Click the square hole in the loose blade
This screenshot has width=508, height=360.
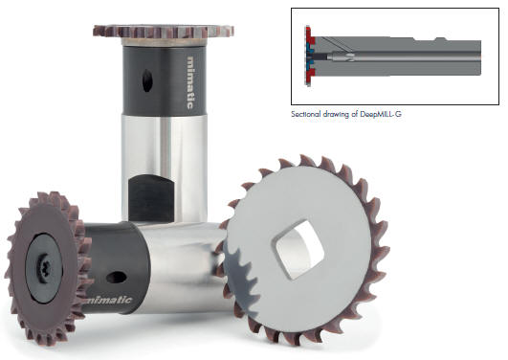(298, 249)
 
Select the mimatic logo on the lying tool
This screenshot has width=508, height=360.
(110, 301)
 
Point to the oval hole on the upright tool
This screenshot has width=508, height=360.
(147, 80)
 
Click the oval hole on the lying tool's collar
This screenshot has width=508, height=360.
(117, 278)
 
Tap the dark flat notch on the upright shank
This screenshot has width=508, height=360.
(151, 198)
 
